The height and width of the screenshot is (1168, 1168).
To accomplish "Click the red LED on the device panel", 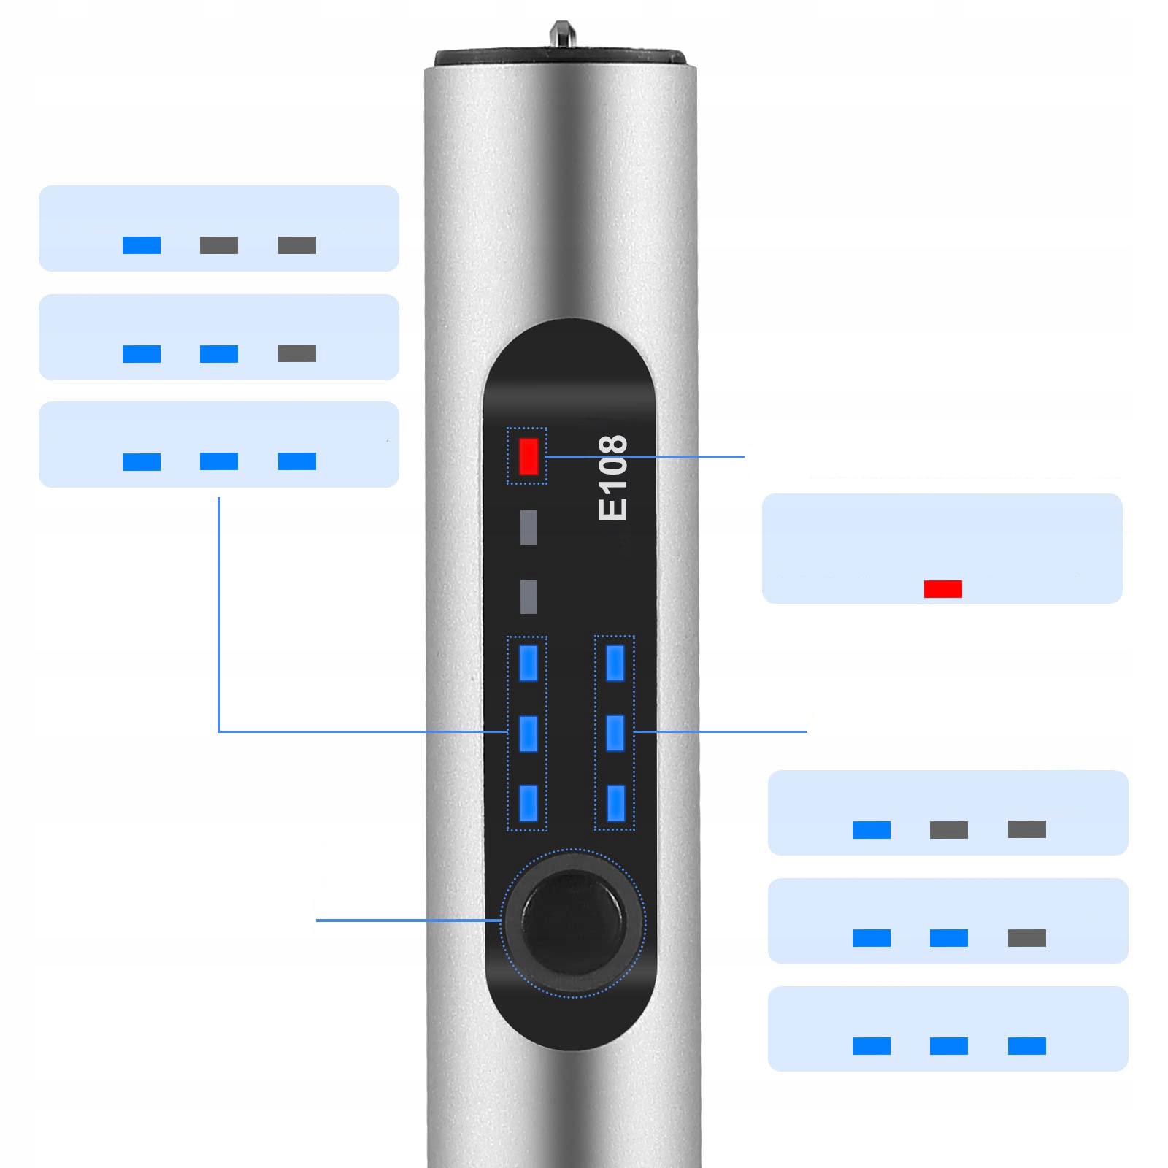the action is click(x=529, y=456).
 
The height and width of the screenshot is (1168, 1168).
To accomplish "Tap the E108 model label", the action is click(x=612, y=477).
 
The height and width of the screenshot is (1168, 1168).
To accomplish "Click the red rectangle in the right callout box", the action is click(x=942, y=588).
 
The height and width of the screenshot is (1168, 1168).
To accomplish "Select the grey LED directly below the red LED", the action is click(x=529, y=527).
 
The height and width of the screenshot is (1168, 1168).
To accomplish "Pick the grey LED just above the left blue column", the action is click(x=529, y=596).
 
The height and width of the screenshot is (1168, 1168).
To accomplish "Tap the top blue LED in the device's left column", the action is click(x=529, y=663).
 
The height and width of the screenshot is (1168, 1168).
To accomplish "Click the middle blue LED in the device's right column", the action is click(x=615, y=733).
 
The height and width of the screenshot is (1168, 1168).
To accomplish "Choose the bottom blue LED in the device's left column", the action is click(x=529, y=803).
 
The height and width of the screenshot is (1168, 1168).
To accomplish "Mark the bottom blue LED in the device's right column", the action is click(x=615, y=803).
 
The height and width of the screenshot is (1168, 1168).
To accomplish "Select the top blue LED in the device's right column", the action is click(x=615, y=663).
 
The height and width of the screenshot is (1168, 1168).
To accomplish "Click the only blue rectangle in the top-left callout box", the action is click(x=142, y=245).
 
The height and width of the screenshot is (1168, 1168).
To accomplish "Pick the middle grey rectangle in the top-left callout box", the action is click(x=219, y=245).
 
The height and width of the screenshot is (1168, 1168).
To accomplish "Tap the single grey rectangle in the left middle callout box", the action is click(x=297, y=353).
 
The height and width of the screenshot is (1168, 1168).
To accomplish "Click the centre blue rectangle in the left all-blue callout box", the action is click(x=219, y=461).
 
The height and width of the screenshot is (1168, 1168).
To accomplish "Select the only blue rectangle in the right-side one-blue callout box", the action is click(x=872, y=829).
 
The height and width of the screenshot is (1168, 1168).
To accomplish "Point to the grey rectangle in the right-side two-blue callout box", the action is click(x=1026, y=937).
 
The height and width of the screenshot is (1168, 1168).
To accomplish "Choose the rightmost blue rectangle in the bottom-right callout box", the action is click(x=1026, y=1045).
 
